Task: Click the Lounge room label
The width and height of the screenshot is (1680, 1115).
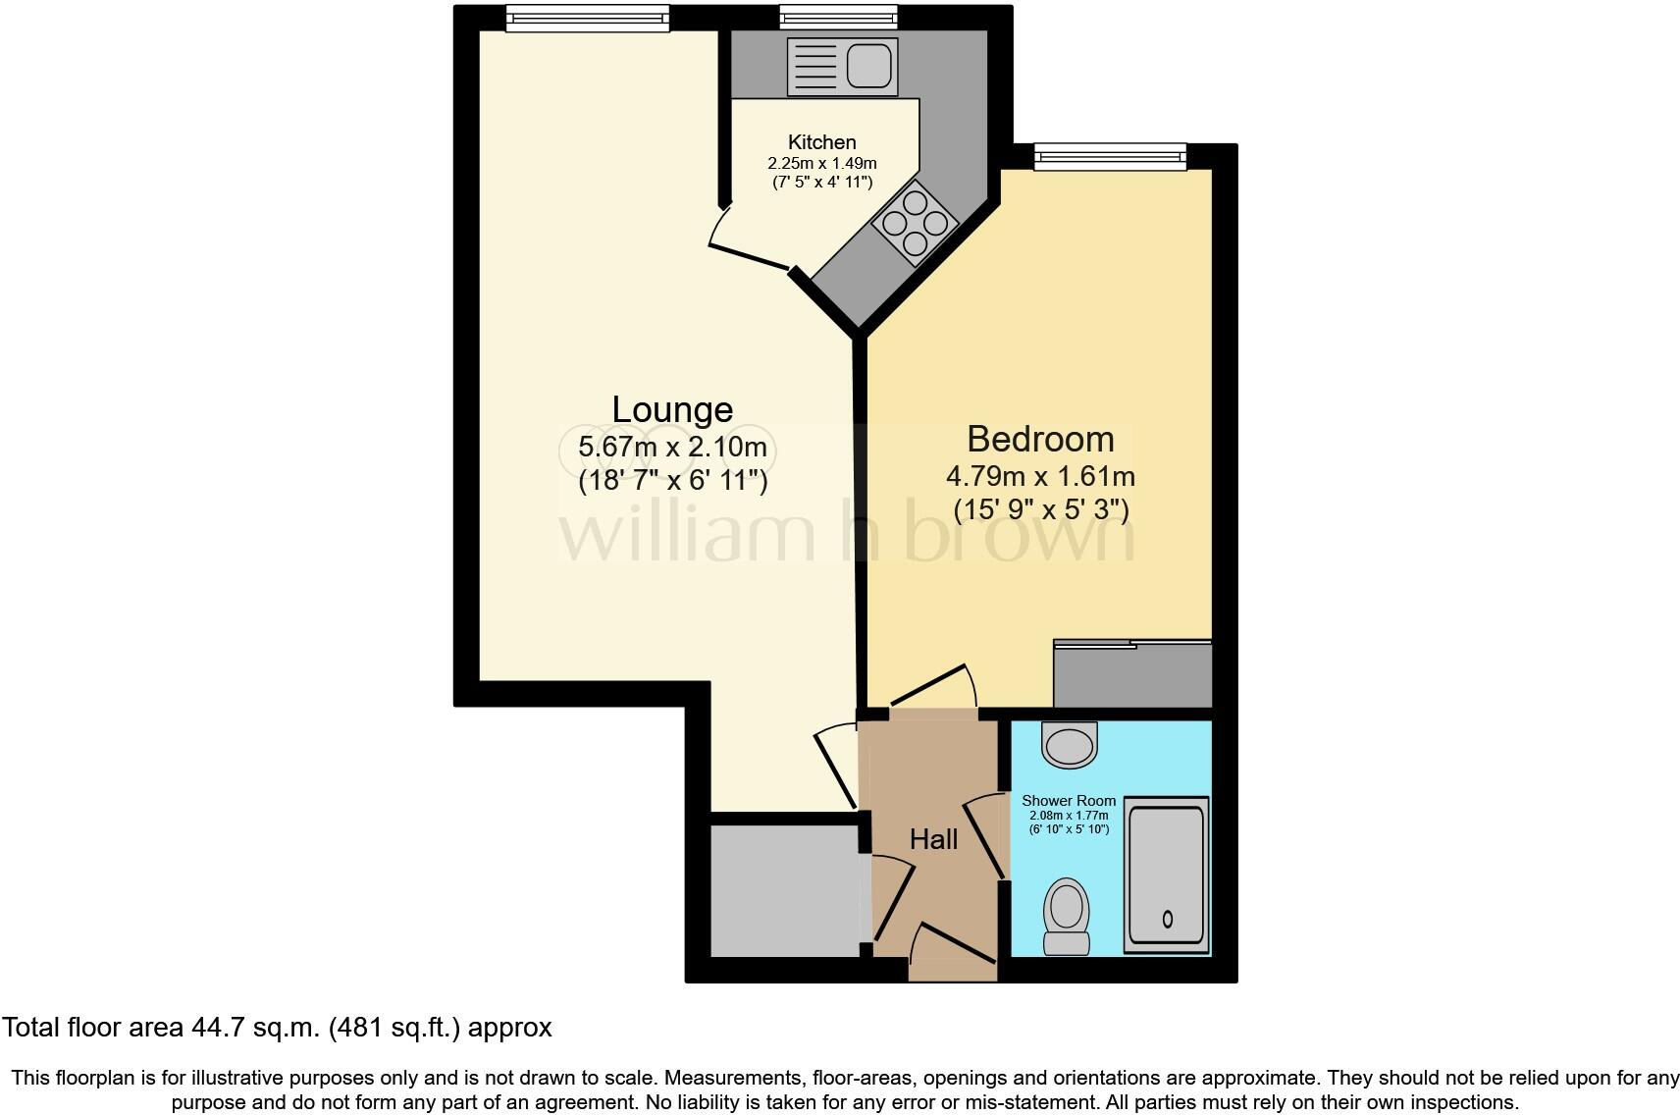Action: (x=672, y=409)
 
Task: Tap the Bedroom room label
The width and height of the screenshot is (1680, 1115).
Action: (x=1040, y=439)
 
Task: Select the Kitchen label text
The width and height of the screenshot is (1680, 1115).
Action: (x=821, y=142)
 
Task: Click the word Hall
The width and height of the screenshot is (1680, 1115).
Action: (x=933, y=839)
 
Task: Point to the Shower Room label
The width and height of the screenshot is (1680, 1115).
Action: (x=1069, y=801)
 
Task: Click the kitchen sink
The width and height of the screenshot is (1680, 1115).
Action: (x=842, y=67)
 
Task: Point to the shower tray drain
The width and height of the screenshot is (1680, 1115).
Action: (x=1168, y=920)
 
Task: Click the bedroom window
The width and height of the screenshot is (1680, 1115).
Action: (x=1110, y=155)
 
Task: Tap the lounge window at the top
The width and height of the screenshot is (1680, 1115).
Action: (x=587, y=17)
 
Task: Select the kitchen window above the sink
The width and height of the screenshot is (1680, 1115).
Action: (x=838, y=17)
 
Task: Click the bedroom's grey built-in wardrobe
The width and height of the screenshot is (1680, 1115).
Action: (x=1132, y=675)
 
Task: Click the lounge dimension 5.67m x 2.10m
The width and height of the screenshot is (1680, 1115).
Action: (x=672, y=448)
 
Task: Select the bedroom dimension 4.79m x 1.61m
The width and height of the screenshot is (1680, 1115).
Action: (x=1040, y=477)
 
